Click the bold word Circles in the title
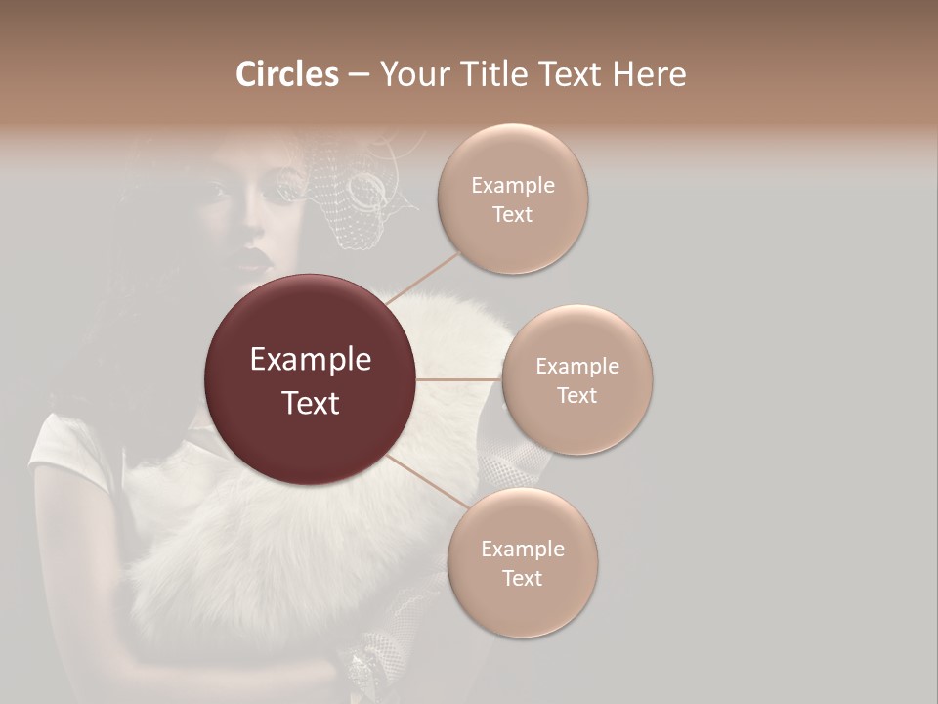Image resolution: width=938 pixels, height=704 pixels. coord(286,74)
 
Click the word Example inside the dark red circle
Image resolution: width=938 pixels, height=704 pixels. coord(311,359)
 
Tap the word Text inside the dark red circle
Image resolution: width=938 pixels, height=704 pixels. coord(311,403)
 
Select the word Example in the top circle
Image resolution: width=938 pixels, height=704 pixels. coord(513,186)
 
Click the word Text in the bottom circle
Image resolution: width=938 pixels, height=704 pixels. coord(523,579)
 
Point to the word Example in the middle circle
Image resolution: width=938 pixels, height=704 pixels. coord(577,367)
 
